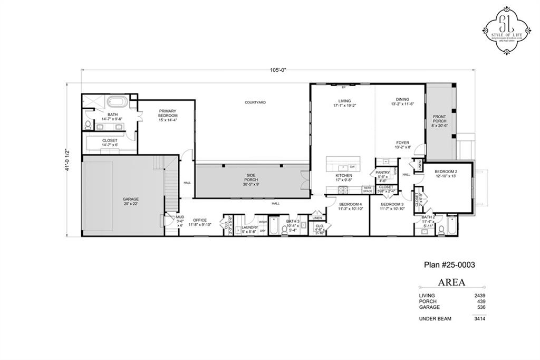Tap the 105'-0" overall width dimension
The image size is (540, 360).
[x=278, y=70]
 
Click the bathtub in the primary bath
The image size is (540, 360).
[x=115, y=102]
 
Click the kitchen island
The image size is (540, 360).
[x=343, y=163]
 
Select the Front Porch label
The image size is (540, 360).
[x=439, y=121]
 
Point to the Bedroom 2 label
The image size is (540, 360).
[x=446, y=174]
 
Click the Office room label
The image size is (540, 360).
[x=200, y=222]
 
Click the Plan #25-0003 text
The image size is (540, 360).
[x=450, y=265]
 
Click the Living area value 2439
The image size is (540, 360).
[x=479, y=296]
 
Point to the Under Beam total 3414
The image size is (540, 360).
[x=479, y=319]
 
